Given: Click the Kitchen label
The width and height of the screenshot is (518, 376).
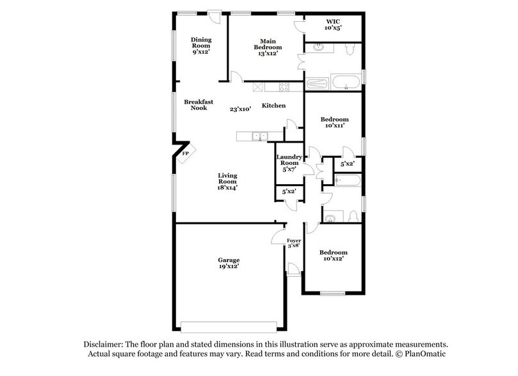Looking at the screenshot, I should (273, 106).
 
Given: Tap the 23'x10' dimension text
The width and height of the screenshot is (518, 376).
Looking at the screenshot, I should (240, 109).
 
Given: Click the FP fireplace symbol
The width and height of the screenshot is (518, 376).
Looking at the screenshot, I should (186, 153).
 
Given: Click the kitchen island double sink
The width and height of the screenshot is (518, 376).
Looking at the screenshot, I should (260, 136).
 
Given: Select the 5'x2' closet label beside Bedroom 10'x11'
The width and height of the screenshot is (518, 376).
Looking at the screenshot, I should (348, 164).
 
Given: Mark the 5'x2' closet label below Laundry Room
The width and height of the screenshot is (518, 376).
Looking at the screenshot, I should (287, 191).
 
